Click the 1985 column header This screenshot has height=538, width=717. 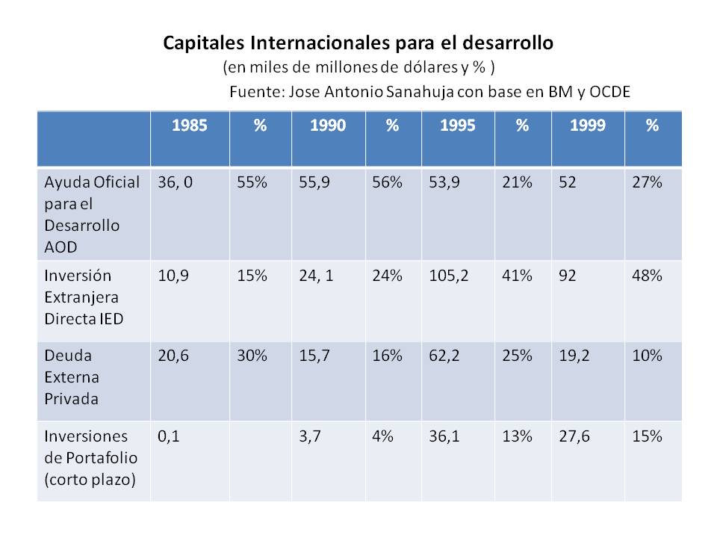coord(190,126)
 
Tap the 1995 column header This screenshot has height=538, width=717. coord(457,126)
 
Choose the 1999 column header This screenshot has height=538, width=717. coord(587,126)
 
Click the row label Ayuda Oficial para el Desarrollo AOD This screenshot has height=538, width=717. coord(92,214)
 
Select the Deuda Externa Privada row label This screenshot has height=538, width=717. coord(72,378)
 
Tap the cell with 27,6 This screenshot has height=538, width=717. coord(574,436)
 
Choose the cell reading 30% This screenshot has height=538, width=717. coord(252,357)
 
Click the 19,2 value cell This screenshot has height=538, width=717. coord(574,357)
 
